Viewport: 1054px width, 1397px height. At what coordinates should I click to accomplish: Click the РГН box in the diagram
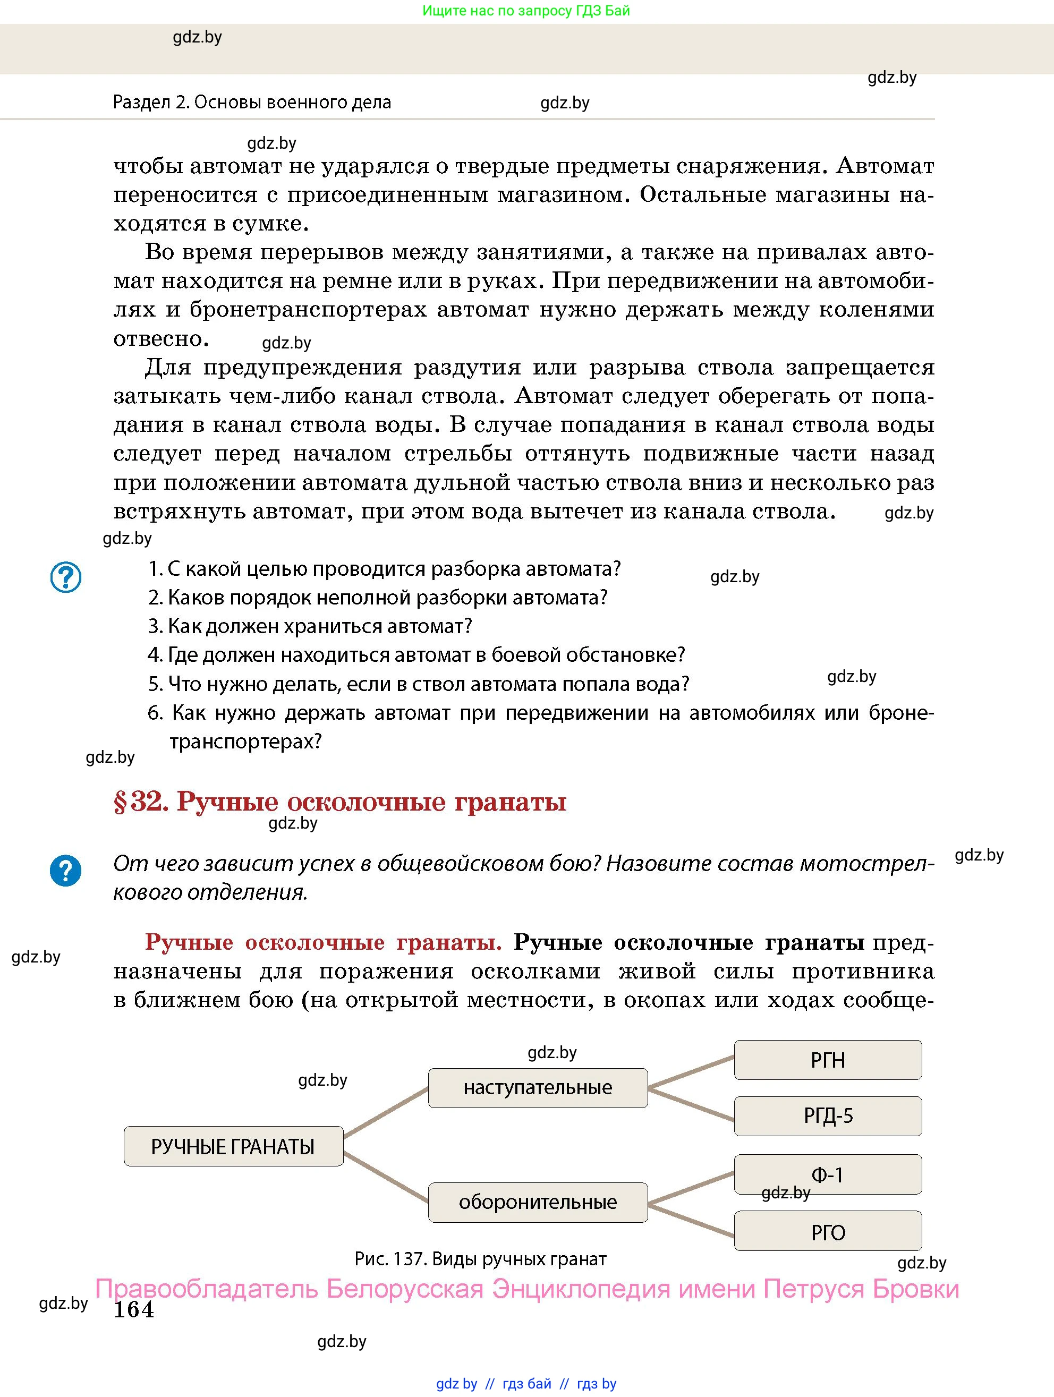tap(827, 1060)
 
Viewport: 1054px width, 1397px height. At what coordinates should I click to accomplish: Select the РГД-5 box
tap(827, 1116)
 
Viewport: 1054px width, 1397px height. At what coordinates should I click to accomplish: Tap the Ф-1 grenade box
tap(827, 1174)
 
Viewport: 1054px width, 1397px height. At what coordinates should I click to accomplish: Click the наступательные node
tap(538, 1087)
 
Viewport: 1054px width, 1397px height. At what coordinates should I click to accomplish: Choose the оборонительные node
tap(538, 1202)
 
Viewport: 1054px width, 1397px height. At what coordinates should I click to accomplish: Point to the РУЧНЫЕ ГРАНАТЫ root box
tap(233, 1146)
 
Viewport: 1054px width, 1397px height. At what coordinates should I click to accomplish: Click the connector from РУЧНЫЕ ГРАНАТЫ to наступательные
tap(386, 1113)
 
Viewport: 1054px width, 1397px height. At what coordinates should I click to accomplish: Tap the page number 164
tap(133, 1309)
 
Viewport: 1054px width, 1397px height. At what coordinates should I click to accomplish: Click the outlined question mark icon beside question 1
tap(66, 577)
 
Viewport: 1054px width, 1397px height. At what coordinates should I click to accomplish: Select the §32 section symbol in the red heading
tap(120, 802)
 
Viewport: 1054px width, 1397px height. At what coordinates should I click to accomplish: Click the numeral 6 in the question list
tap(154, 713)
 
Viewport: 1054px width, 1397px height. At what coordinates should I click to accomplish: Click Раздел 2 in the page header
tap(150, 103)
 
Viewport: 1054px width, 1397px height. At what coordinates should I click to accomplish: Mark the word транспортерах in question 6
tap(244, 741)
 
